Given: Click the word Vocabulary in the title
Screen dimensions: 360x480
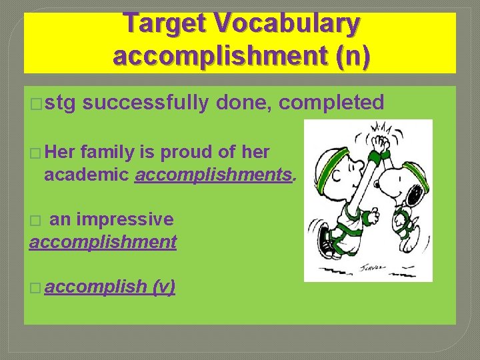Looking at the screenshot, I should tap(292, 24).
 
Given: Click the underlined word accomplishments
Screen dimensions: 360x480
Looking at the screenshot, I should tap(213, 175).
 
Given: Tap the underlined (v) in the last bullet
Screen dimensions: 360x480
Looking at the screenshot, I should tap(163, 287).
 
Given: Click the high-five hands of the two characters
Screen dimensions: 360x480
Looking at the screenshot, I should tap(381, 141).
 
